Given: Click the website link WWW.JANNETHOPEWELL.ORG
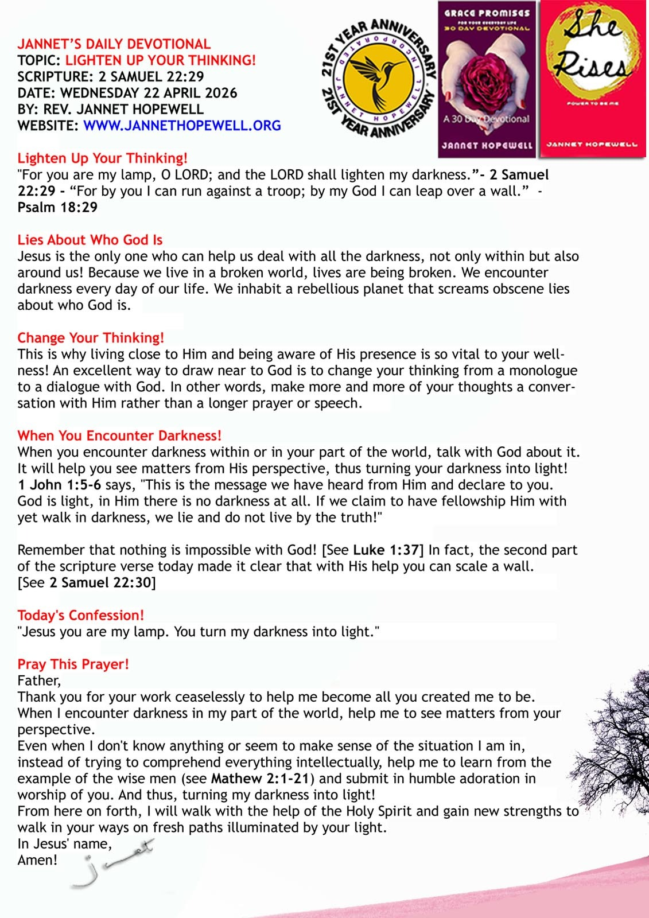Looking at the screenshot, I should pos(182,126).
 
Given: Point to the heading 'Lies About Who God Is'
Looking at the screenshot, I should pos(90,240).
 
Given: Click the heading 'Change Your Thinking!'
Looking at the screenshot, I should pos(91,337).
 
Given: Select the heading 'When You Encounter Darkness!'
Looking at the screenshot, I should pos(119,435).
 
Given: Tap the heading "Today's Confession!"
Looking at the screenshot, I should pos(81,615).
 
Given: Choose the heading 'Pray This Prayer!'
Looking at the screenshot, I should pos(73,664).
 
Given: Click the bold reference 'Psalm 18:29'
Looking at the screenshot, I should pos(57,207).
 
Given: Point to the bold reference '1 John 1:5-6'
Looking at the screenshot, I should pos(59,485).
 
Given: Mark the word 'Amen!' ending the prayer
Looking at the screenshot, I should pos(37,860).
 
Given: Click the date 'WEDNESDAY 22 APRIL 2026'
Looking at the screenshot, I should pos(149,93).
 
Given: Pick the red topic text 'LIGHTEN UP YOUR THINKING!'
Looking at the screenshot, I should pos(161,60).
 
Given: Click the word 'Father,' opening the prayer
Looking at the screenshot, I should pos(39,680).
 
